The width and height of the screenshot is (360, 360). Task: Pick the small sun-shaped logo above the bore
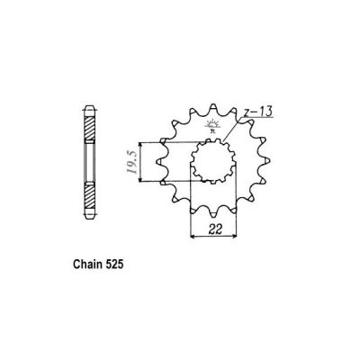tap(212, 126)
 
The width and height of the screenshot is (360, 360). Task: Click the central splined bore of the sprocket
tap(213, 164)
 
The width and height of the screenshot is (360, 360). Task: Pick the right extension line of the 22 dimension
tap(238, 216)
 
